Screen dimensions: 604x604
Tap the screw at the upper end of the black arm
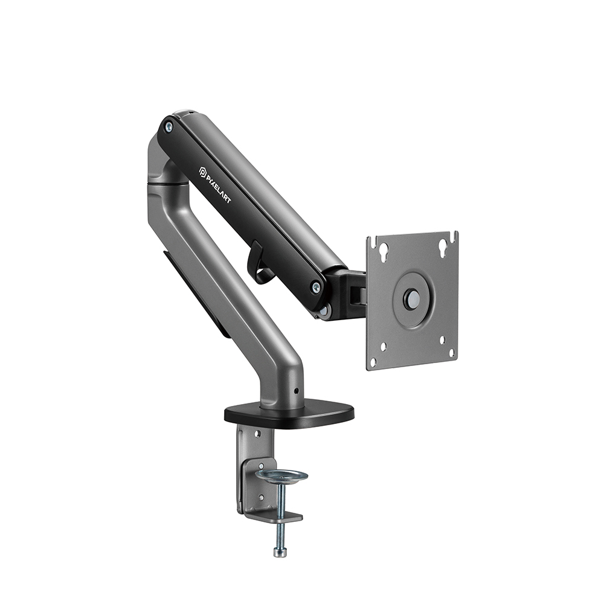pyautogui.click(x=168, y=126)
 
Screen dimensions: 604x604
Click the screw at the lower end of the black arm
pyautogui.click(x=316, y=286)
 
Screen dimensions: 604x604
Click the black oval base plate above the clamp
pyautogui.click(x=289, y=416)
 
